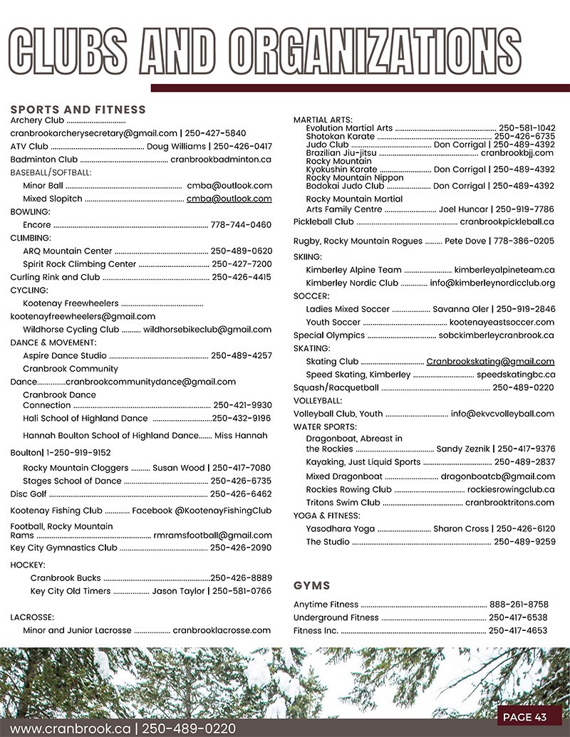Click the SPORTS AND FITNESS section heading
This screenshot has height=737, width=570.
click(x=78, y=110)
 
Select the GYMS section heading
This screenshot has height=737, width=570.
click(x=311, y=585)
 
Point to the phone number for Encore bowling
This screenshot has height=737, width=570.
click(x=241, y=225)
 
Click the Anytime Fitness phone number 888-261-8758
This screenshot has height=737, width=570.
click(x=518, y=605)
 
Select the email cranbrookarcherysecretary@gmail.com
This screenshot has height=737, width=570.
click(x=93, y=133)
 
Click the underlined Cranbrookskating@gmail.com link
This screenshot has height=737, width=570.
click(x=490, y=362)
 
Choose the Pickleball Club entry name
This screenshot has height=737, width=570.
click(x=323, y=222)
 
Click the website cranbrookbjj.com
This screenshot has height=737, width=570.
click(x=517, y=153)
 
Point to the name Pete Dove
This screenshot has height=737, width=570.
click(x=465, y=241)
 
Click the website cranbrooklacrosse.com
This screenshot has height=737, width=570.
click(x=222, y=630)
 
